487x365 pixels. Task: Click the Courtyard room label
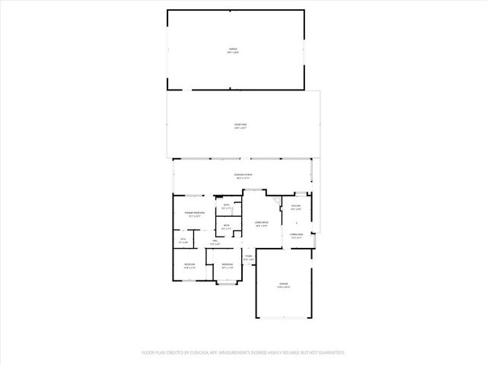[x=240, y=125]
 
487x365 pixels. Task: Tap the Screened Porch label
[x=243, y=175]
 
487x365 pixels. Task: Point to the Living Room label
[x=261, y=222]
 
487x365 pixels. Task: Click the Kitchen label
[x=296, y=206]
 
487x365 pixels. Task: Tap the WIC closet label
[x=183, y=240]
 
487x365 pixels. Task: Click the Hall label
[x=215, y=242]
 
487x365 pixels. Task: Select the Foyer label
[x=248, y=257]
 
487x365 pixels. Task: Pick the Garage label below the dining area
[x=282, y=285]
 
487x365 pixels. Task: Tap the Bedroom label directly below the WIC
[x=190, y=265]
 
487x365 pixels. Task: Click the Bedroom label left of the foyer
[x=226, y=265]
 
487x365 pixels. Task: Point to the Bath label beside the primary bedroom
[x=226, y=206]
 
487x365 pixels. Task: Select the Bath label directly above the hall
[x=226, y=226]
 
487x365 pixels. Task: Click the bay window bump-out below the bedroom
[x=227, y=283]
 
